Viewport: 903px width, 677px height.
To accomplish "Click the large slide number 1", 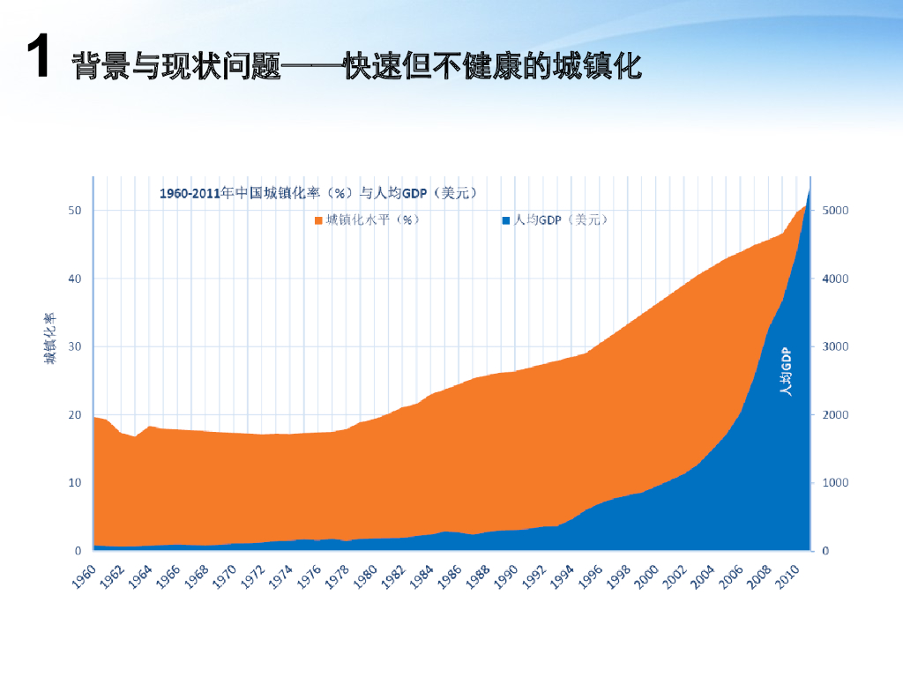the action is pyautogui.click(x=38, y=56).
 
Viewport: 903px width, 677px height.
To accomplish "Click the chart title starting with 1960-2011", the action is pyautogui.click(x=317, y=193).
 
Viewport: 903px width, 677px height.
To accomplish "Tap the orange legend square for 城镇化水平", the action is pyautogui.click(x=318, y=220).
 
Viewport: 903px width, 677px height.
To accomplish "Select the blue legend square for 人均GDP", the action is pyautogui.click(x=506, y=220).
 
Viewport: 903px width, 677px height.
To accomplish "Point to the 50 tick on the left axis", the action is pyautogui.click(x=75, y=210).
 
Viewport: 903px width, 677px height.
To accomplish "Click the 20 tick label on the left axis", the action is pyautogui.click(x=75, y=414).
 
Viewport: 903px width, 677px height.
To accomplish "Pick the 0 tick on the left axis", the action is pyautogui.click(x=78, y=551).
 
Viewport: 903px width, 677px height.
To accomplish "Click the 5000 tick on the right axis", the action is pyautogui.click(x=835, y=210).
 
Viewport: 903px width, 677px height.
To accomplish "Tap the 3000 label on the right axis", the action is pyautogui.click(x=835, y=346).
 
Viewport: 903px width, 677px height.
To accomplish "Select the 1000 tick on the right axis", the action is pyautogui.click(x=835, y=482).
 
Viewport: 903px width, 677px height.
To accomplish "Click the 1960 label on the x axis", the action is pyautogui.click(x=84, y=577).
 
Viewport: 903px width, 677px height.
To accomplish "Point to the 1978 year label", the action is pyautogui.click(x=337, y=577).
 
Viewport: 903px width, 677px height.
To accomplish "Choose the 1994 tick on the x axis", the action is pyautogui.click(x=562, y=577).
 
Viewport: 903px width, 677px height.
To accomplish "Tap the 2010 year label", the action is pyautogui.click(x=787, y=577).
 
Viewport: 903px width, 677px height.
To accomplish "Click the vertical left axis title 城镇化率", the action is pyautogui.click(x=50, y=338).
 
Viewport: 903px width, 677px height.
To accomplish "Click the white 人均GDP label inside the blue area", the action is pyautogui.click(x=786, y=371).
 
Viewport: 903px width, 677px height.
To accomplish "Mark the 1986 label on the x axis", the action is pyautogui.click(x=449, y=577).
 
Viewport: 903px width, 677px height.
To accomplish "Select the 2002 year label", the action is pyautogui.click(x=675, y=577).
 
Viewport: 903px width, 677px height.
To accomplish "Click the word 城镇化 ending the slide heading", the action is pyautogui.click(x=597, y=65).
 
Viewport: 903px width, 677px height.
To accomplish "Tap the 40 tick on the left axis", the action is pyautogui.click(x=75, y=279).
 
